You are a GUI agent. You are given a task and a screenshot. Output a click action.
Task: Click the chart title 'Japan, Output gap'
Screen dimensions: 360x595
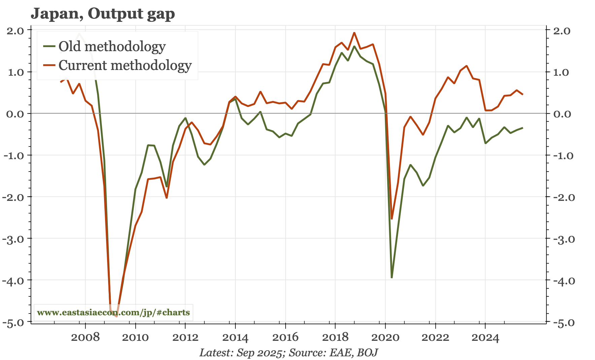(103, 14)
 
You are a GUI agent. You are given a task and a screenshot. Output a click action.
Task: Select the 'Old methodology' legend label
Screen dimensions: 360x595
(112, 46)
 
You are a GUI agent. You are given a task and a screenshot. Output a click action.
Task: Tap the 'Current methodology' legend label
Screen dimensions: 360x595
(125, 65)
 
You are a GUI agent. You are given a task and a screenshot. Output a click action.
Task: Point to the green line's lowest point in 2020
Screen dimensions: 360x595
(392, 278)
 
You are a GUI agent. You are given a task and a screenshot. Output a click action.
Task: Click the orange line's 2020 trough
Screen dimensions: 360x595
(392, 219)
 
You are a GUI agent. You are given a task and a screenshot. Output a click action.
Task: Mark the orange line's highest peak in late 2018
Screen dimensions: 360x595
(354, 33)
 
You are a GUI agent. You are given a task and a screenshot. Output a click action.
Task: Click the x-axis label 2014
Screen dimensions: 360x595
(235, 337)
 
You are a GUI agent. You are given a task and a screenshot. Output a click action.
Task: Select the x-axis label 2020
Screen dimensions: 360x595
(385, 337)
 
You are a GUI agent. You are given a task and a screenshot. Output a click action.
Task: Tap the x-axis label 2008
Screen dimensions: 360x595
(85, 337)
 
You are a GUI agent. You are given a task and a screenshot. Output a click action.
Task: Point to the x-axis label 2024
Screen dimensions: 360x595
(485, 337)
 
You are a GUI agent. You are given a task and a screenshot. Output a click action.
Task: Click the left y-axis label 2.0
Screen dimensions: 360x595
(15, 31)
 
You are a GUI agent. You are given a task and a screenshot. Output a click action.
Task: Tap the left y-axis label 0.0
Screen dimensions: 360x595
(15, 114)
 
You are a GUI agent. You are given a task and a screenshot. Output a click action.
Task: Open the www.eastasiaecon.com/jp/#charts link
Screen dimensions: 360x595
(113, 313)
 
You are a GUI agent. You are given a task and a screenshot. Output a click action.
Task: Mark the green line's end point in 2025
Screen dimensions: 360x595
(522, 128)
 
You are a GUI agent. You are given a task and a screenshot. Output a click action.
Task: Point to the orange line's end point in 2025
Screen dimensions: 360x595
(522, 95)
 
